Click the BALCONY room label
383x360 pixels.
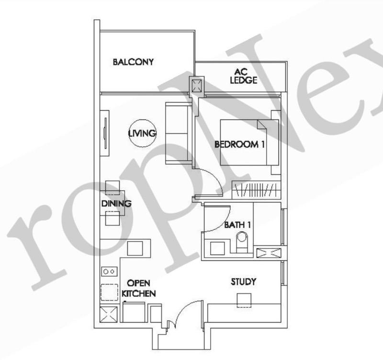tap(133, 62)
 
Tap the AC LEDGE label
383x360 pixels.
tap(243, 77)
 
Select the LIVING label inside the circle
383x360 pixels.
tap(142, 133)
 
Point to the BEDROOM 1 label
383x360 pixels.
tap(239, 144)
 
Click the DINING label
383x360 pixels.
tap(116, 204)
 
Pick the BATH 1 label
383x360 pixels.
tap(237, 225)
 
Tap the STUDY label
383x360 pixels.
tap(243, 281)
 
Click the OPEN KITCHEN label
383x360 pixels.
tap(139, 289)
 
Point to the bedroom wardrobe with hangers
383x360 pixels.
tap(256, 190)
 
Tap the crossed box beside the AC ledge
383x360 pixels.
tap(197, 86)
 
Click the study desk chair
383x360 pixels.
tap(243, 299)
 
